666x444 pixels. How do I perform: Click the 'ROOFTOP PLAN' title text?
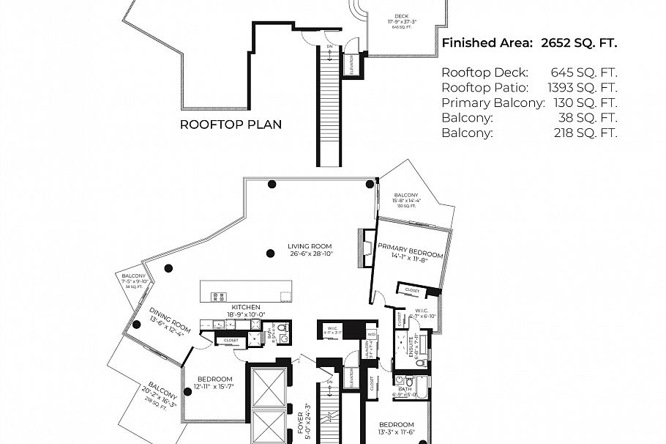[231, 125]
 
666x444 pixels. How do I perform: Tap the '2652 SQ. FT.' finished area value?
[579, 43]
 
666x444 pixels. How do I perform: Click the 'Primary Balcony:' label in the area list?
[493, 103]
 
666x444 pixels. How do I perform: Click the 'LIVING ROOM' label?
[310, 246]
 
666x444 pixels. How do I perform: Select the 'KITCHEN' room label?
[246, 306]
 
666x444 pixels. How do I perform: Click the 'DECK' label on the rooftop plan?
[401, 15]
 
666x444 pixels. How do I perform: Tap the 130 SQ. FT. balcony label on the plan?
[407, 200]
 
